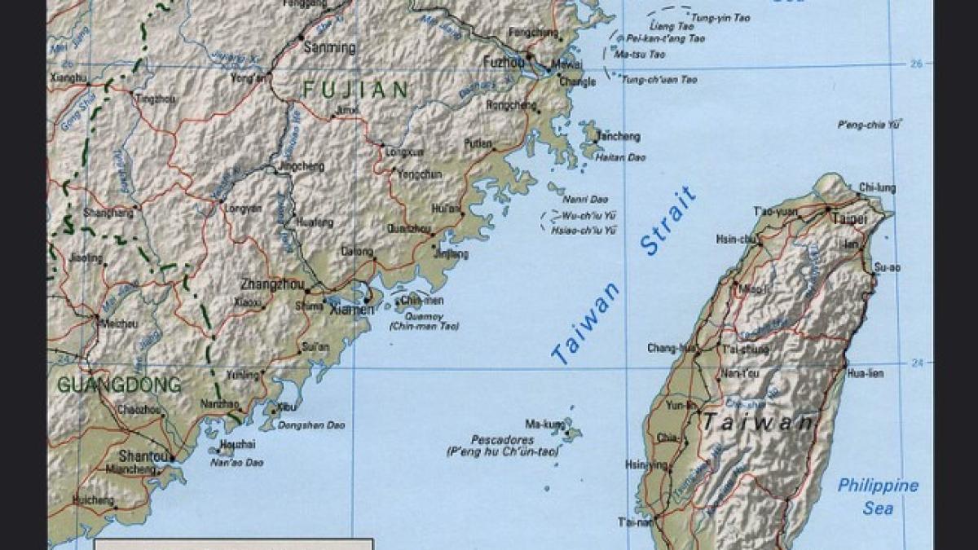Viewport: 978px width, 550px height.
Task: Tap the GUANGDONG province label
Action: click(119, 385)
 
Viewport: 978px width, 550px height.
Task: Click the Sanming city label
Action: click(329, 47)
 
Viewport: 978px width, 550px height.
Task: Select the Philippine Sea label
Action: click(878, 496)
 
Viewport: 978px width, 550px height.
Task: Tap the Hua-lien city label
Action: click(866, 374)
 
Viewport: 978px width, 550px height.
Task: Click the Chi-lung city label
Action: click(877, 188)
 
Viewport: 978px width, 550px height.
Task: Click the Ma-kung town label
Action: click(544, 425)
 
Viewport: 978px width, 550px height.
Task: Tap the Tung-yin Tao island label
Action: click(720, 17)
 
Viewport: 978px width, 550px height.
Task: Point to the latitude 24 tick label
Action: click(919, 363)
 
